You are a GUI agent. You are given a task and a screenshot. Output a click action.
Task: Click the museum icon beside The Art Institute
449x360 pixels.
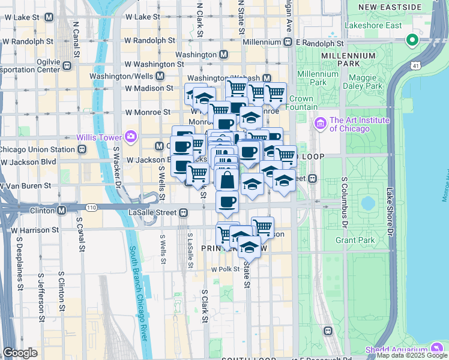click(x=319, y=124)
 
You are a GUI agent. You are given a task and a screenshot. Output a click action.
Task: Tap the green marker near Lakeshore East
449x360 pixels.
click(x=412, y=41)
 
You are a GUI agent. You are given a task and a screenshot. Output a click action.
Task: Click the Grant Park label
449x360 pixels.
click(x=355, y=240)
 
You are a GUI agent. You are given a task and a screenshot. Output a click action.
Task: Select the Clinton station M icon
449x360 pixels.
click(x=61, y=211)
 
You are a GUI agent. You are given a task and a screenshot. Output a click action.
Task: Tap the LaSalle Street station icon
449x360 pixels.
click(x=184, y=212)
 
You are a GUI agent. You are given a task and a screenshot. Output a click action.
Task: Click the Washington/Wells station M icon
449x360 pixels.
click(x=160, y=76)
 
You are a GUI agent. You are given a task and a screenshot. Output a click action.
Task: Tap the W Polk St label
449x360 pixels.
click(x=225, y=269)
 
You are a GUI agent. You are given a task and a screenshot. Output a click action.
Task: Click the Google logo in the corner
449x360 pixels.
click(x=20, y=353)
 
